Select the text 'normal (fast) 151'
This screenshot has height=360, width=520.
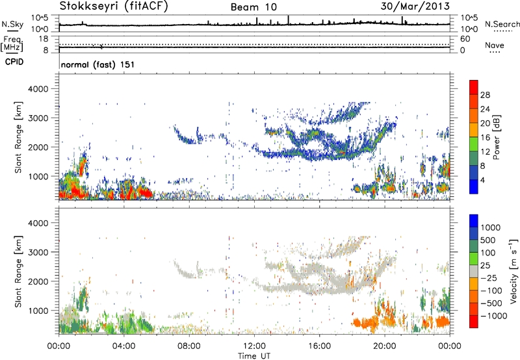[97, 65]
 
